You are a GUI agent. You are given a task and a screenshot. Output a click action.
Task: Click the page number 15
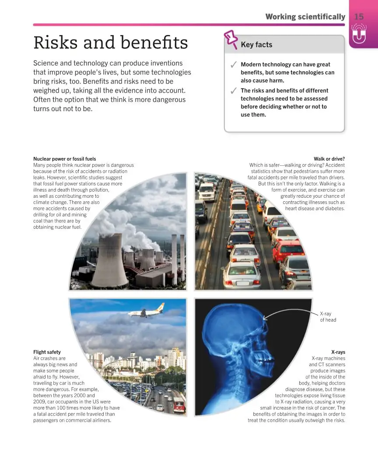pos(359,17)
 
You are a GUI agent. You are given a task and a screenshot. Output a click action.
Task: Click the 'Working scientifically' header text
pos(305,17)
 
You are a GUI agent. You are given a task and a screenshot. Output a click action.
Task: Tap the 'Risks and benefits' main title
pos(111,43)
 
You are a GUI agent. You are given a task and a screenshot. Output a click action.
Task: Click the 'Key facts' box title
pos(256,45)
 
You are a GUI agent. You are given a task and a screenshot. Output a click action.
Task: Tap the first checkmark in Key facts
pos(233,65)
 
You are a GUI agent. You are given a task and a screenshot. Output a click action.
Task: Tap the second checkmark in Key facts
pos(233,91)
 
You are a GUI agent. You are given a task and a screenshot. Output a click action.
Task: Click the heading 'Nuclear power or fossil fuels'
pos(65,159)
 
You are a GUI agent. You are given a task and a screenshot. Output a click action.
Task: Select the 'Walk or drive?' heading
pos(329,159)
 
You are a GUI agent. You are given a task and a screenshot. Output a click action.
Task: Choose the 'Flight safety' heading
pos(47,352)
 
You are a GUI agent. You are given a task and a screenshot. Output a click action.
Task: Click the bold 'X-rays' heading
pos(338,352)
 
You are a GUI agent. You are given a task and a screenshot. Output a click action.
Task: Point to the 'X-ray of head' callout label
pos(328,317)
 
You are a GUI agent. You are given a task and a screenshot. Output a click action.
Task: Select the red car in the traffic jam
pos(287,251)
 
